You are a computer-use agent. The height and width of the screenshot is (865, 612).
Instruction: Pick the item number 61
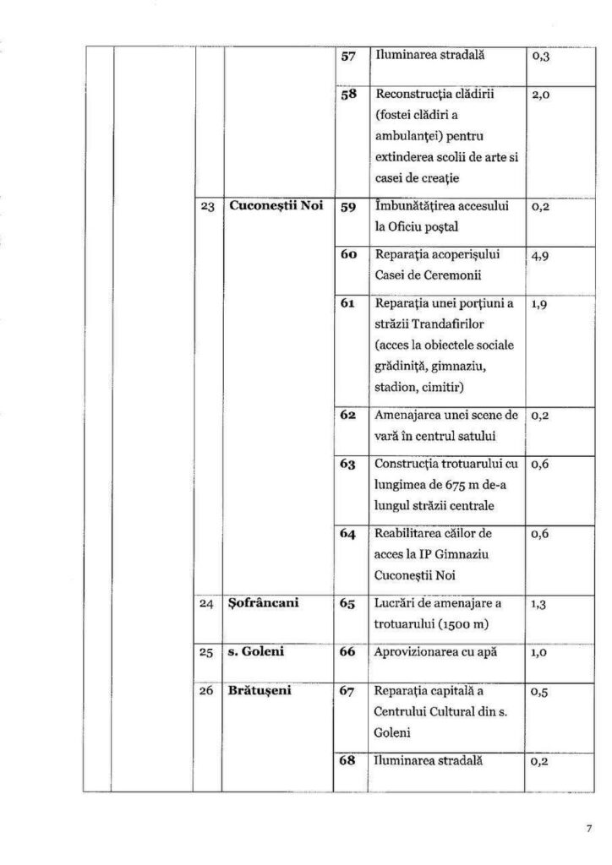[347, 304]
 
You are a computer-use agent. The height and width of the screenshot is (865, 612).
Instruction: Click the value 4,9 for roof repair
[542, 255]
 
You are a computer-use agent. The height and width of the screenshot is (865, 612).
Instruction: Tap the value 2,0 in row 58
[542, 96]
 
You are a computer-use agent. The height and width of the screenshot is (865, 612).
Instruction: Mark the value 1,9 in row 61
[541, 304]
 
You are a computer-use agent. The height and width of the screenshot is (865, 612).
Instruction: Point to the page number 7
[588, 829]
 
